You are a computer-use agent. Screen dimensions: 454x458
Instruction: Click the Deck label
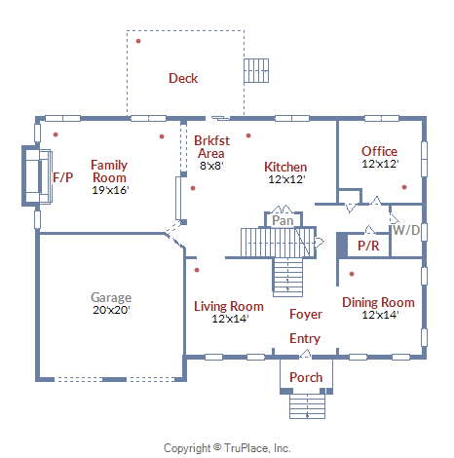[183, 78]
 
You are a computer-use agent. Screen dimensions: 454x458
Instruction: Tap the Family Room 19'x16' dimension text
[110, 190]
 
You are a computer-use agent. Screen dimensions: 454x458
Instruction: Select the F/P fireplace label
[63, 177]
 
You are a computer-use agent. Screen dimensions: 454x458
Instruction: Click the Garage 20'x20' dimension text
[111, 310]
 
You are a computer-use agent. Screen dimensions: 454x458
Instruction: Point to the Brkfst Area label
[211, 147]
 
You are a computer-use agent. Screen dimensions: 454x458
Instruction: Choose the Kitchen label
[285, 167]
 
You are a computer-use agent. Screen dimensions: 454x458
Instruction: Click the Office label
[379, 151]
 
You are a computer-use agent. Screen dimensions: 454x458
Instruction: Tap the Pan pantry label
[283, 220]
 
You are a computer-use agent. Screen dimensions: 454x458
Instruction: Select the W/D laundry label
[406, 230]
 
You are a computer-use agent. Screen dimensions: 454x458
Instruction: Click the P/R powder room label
[368, 246]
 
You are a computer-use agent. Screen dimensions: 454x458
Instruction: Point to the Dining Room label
[378, 302]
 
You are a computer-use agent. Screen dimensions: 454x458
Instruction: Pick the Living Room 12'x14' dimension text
[230, 319]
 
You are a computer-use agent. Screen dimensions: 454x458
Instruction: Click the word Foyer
[306, 314]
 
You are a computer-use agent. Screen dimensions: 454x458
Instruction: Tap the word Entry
[305, 338]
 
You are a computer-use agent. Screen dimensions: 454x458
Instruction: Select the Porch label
[306, 377]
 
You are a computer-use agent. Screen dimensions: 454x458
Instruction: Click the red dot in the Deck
[138, 41]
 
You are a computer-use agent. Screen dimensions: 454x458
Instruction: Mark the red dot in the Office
[404, 187]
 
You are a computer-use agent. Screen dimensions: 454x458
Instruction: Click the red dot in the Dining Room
[352, 274]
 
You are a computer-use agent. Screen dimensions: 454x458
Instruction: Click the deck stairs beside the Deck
[256, 70]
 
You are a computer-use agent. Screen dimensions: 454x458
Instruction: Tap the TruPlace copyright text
[227, 448]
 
